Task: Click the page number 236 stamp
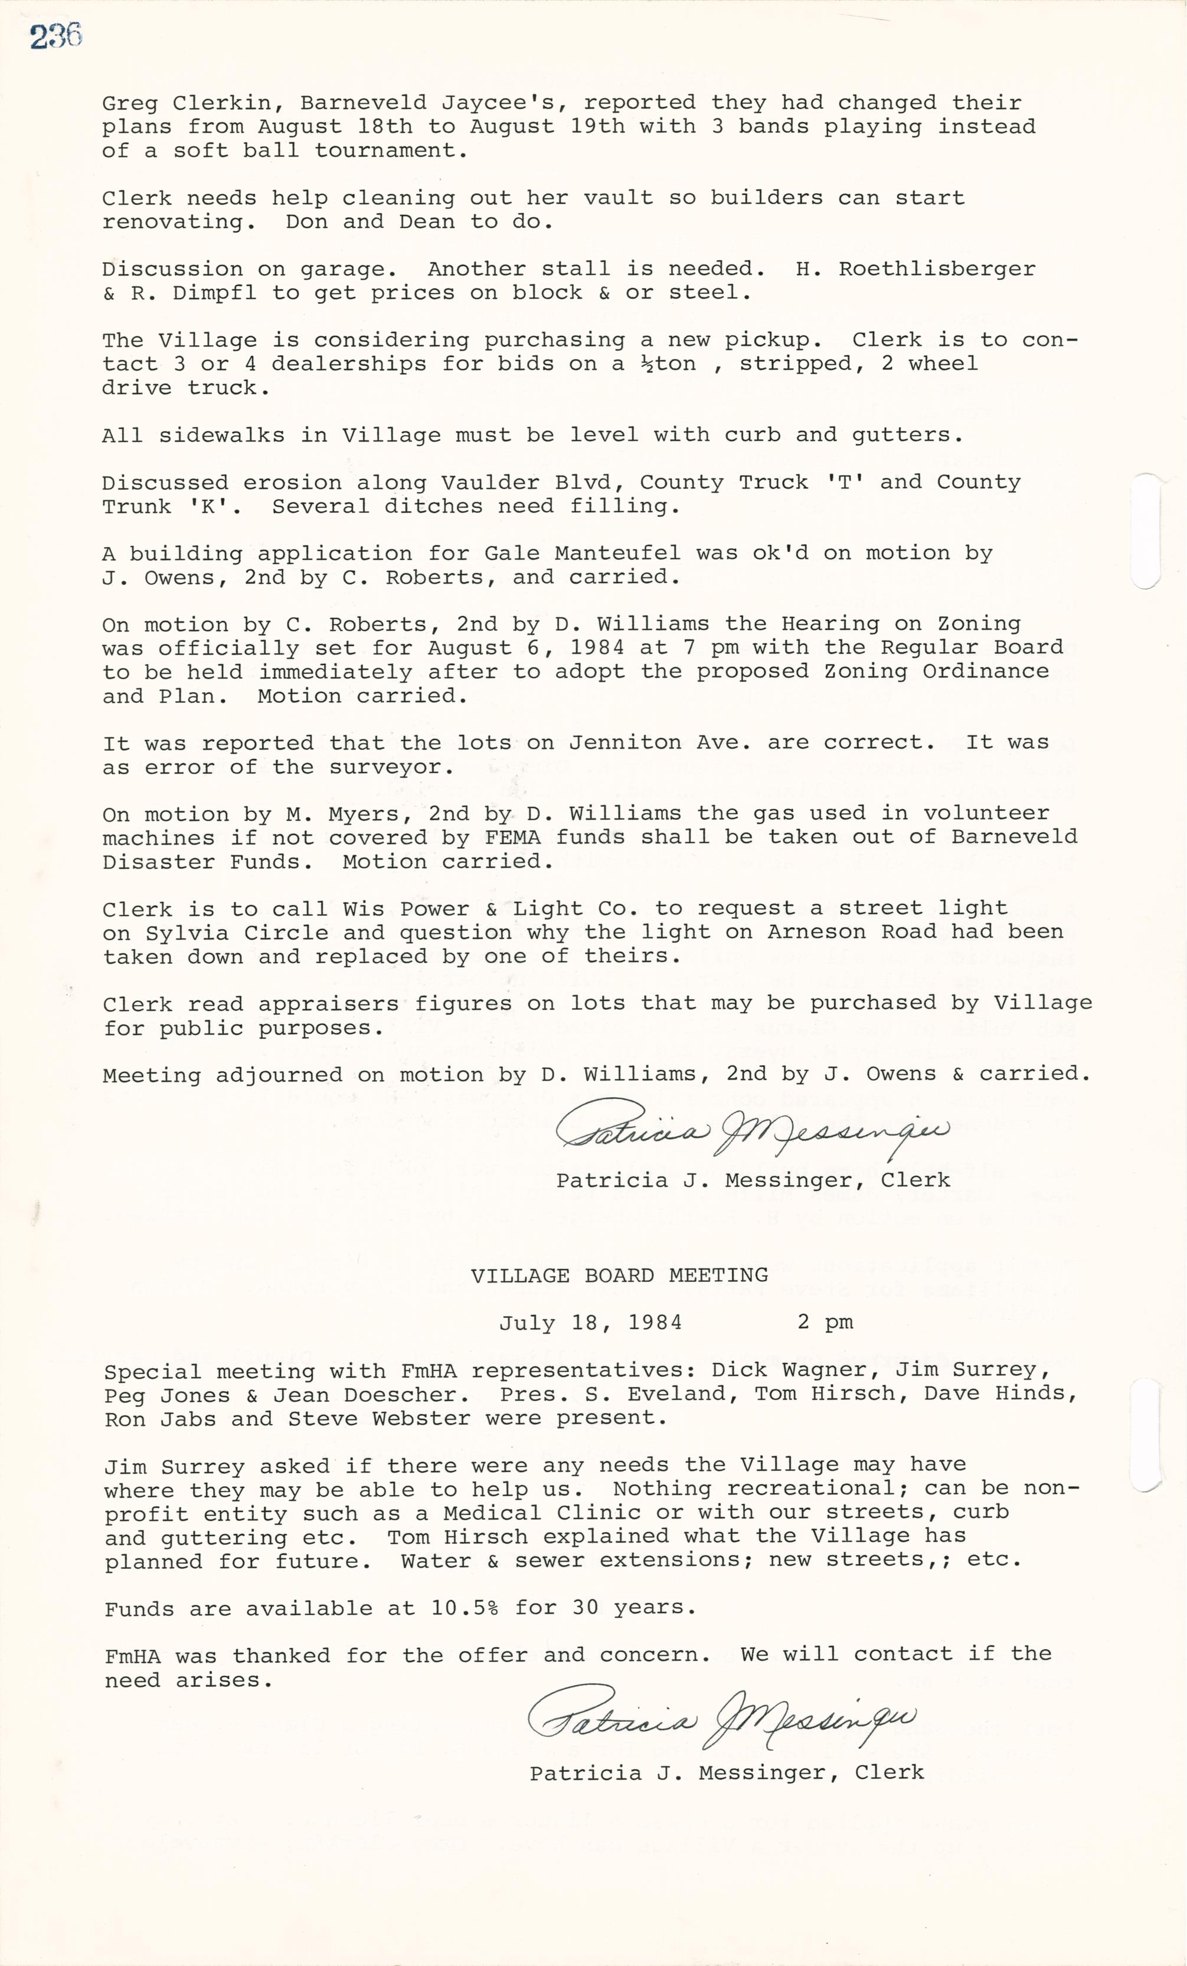point(56,37)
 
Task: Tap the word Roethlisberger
point(937,269)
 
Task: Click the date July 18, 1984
point(590,1323)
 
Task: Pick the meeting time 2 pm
point(825,1323)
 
